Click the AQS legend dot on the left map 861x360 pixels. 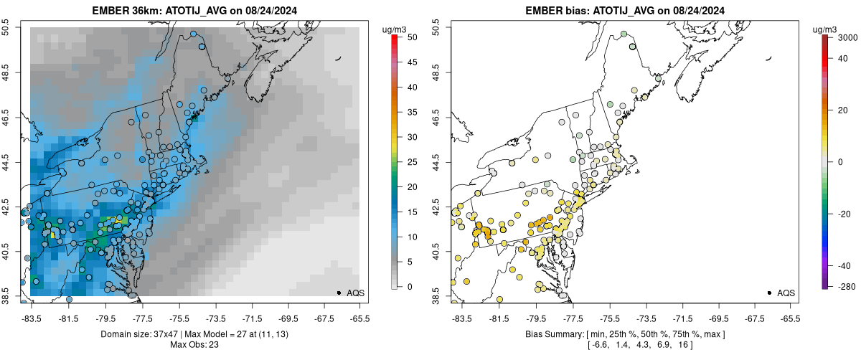[339, 293]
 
